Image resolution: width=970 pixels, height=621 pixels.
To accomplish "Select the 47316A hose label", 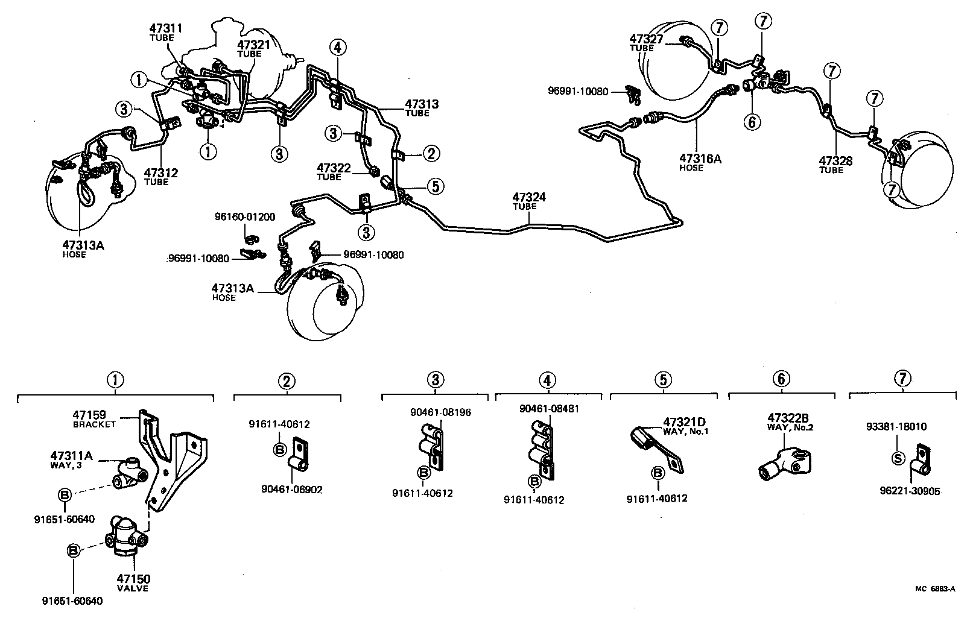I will click(x=700, y=159).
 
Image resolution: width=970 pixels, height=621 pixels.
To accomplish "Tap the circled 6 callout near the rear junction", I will click(x=752, y=122).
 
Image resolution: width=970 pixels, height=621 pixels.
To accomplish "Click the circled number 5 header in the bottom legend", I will click(x=662, y=380).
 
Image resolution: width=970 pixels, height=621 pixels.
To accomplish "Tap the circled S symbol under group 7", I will click(x=898, y=458).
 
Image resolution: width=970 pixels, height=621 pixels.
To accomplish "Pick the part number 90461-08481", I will click(x=549, y=409).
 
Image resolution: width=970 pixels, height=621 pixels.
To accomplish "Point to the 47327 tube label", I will click(x=646, y=39).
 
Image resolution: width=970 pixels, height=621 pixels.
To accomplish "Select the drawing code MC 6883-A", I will click(x=934, y=590).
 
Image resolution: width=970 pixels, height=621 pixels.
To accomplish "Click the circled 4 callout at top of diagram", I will click(x=338, y=47).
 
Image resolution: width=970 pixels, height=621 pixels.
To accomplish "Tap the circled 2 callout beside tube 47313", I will click(x=431, y=154).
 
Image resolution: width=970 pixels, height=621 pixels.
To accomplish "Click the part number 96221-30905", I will click(x=910, y=491).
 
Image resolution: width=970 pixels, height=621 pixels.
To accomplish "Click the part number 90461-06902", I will click(x=292, y=490).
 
